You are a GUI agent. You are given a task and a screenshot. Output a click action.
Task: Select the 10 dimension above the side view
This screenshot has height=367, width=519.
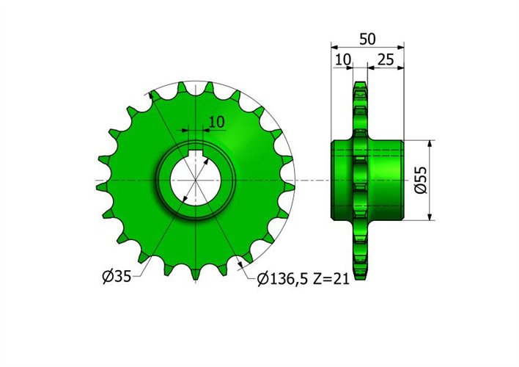pos(342,59)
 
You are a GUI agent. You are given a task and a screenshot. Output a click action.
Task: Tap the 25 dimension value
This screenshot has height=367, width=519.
pos(386,59)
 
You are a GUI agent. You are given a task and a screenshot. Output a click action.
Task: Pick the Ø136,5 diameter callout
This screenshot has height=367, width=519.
pos(283,279)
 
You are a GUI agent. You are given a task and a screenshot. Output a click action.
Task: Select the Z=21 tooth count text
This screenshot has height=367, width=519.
pos(327,279)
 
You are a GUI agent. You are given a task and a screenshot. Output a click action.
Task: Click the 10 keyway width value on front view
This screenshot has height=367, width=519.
pos(216,120)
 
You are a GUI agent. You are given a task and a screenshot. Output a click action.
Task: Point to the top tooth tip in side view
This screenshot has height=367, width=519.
pos(358,84)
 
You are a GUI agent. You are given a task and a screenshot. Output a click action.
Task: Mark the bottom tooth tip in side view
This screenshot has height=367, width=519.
pos(358,277)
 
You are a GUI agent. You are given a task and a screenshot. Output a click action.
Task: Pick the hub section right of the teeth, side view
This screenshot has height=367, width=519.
pos(385,180)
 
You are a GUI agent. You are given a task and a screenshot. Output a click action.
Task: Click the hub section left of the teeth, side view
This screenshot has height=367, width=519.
pos(342,180)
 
